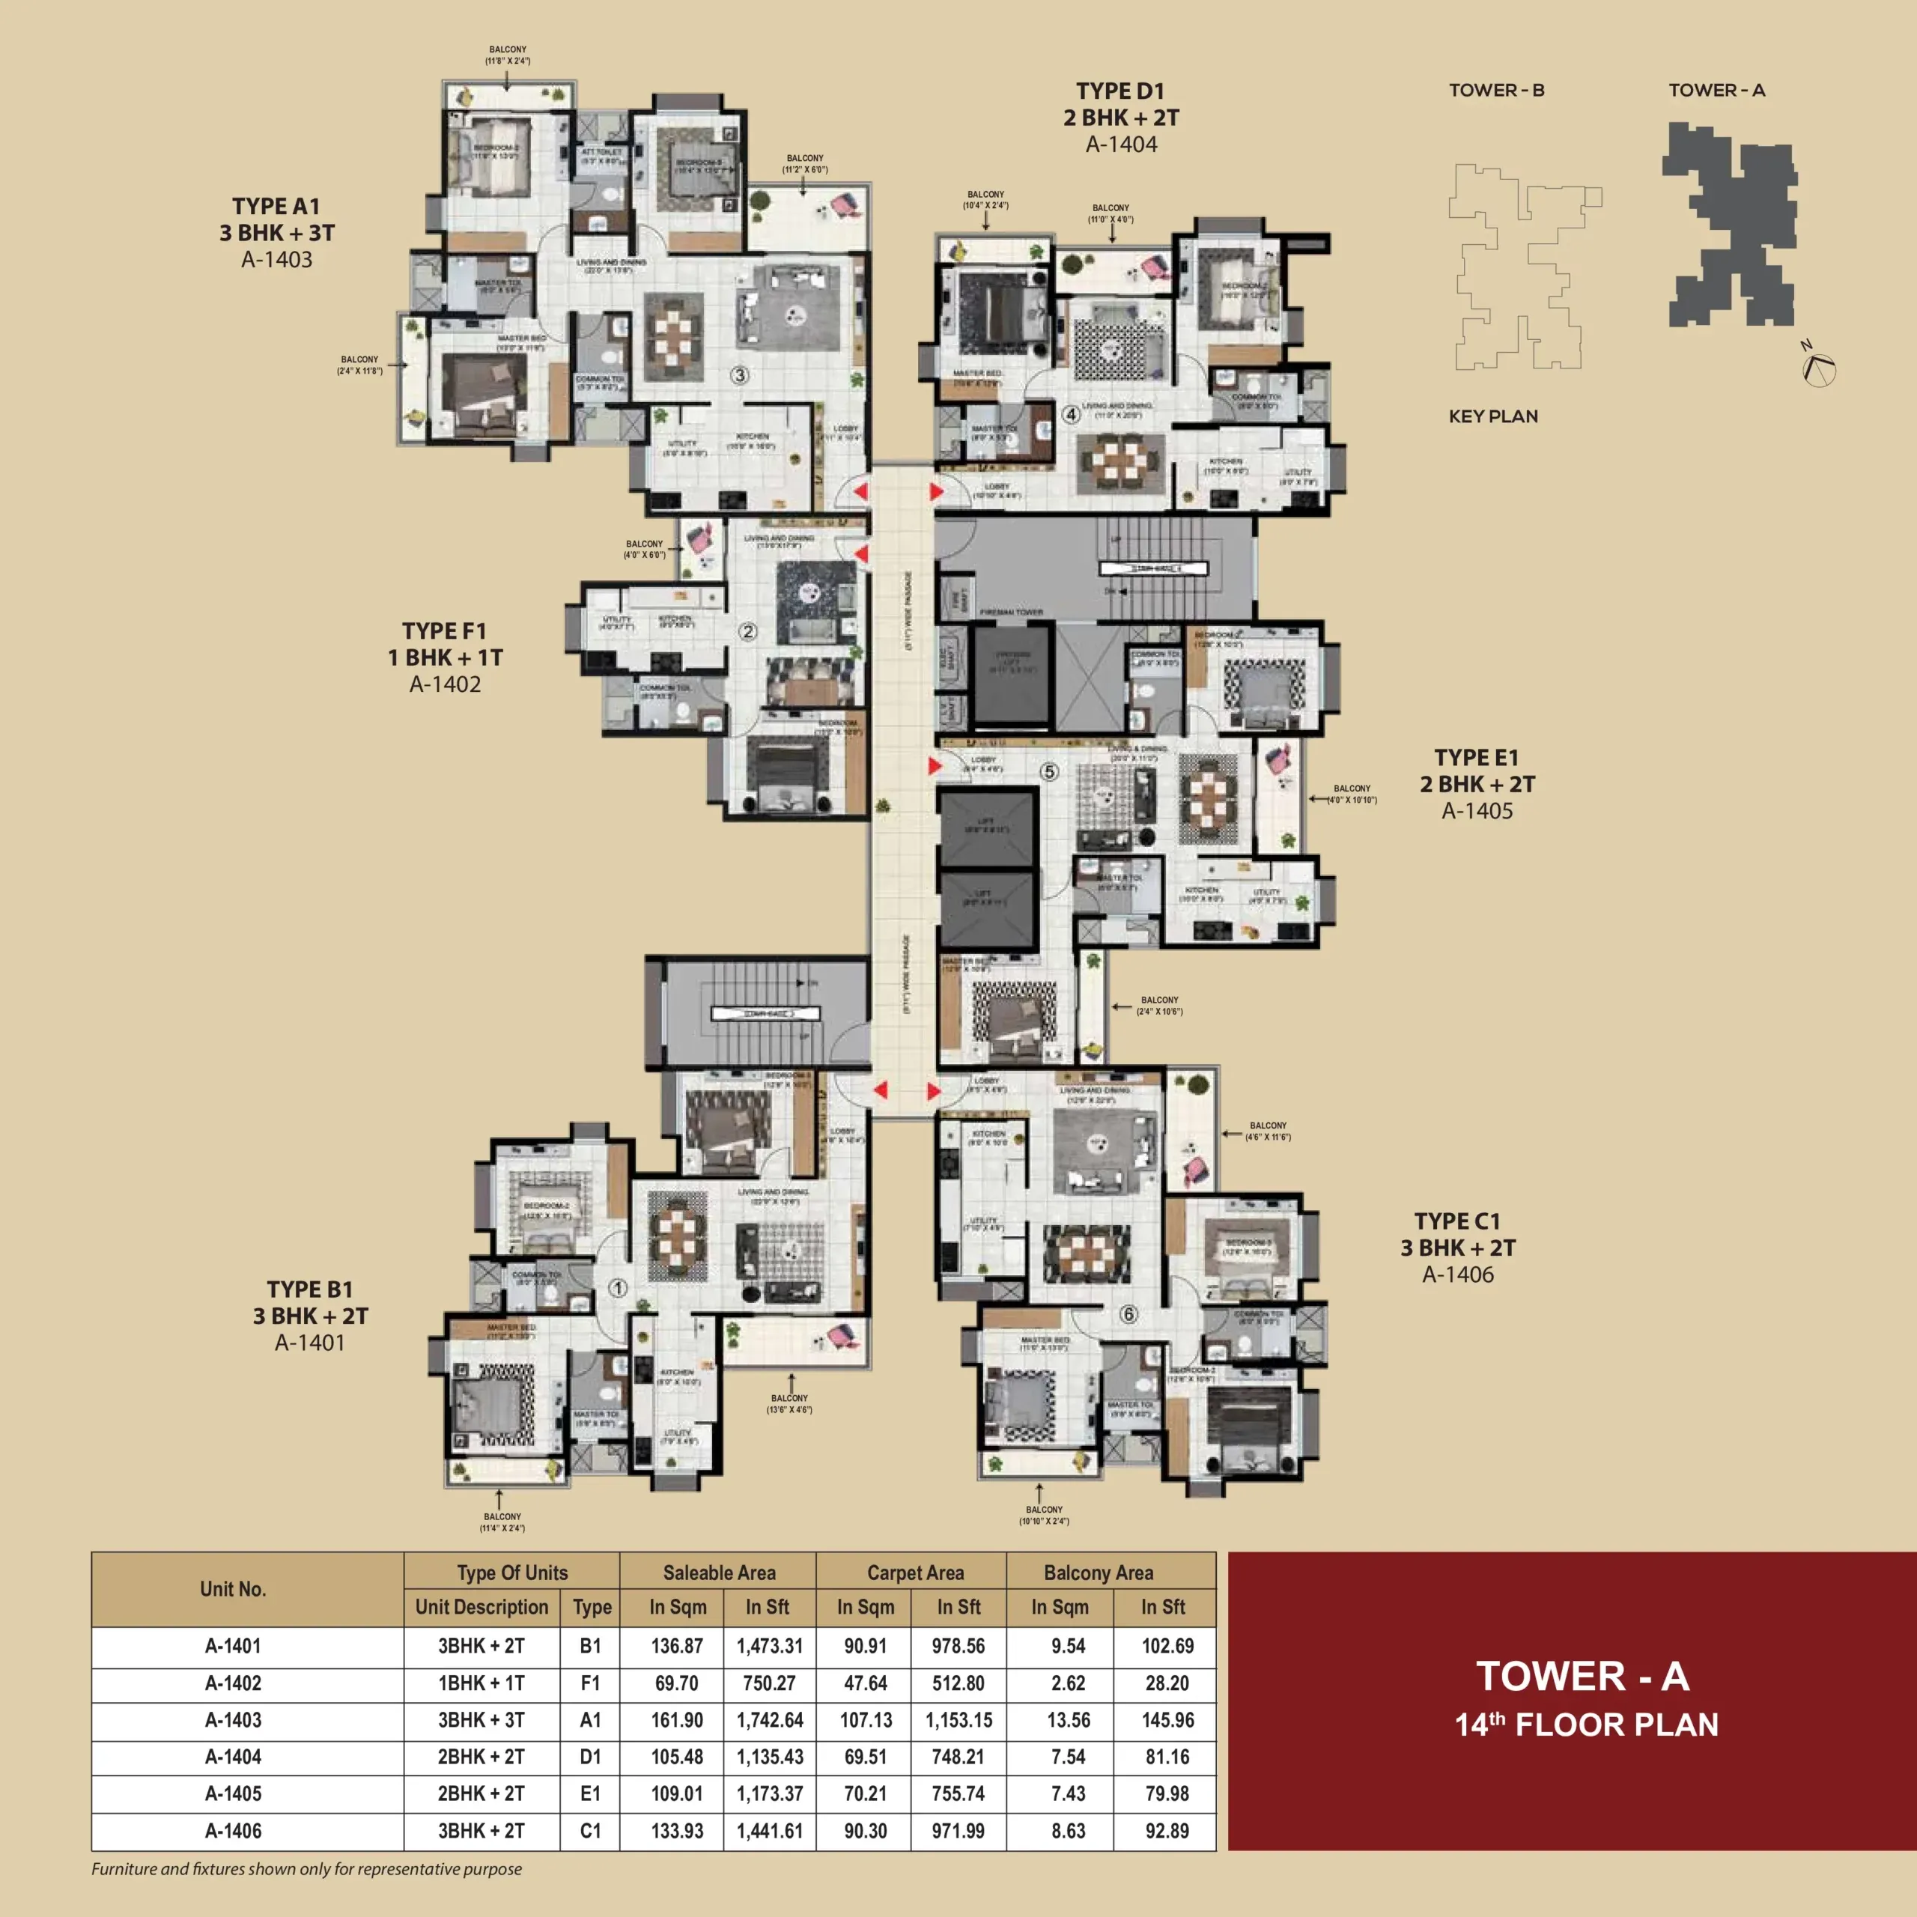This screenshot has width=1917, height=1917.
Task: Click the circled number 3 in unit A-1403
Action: (739, 375)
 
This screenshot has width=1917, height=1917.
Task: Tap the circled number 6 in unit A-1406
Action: (1128, 1315)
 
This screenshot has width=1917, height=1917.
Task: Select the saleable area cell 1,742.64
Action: (769, 1721)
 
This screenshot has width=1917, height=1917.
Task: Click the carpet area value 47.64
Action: (864, 1684)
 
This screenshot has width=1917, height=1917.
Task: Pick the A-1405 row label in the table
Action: (233, 1794)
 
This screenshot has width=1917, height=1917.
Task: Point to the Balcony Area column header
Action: (1099, 1573)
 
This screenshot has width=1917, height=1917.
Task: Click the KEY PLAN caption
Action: (1492, 417)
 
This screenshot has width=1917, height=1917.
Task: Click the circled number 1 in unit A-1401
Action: (617, 1288)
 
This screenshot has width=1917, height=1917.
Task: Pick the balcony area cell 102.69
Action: (1167, 1646)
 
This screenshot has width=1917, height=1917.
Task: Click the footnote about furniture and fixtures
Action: (306, 1869)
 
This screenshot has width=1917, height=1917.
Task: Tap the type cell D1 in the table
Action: (590, 1757)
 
